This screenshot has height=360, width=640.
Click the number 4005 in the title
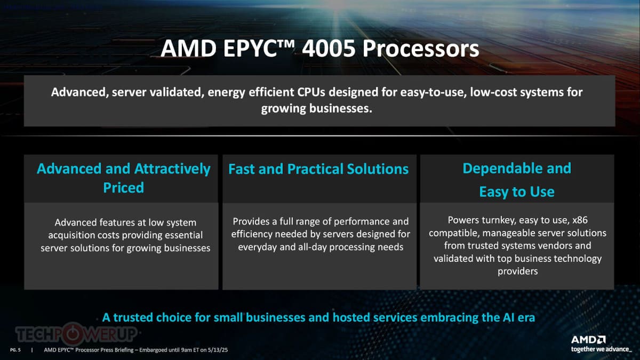[x=329, y=49]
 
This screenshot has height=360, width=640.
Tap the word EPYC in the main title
[x=251, y=49]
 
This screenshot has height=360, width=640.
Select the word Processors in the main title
[x=421, y=49]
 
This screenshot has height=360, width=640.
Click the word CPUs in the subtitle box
[x=311, y=92]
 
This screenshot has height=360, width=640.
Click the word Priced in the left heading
[x=123, y=188]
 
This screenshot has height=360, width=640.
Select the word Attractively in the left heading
[x=172, y=169]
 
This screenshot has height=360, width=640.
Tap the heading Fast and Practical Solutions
[x=318, y=169]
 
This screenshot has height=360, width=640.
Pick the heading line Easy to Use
[x=517, y=191]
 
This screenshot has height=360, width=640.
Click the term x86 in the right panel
[x=580, y=220]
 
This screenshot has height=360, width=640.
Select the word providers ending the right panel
[x=517, y=271]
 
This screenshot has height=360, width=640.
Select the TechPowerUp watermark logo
[x=76, y=333]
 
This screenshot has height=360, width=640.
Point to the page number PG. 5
[x=15, y=350]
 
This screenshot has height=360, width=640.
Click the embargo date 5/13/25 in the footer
[x=218, y=350]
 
